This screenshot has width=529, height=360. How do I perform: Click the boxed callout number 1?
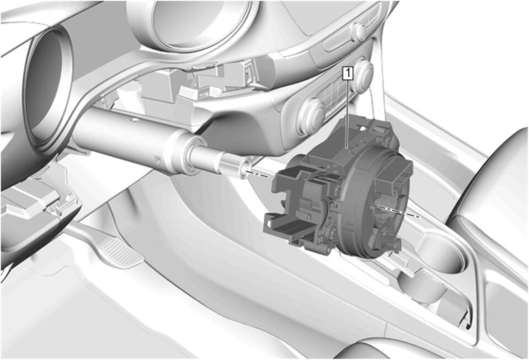click(x=348, y=73)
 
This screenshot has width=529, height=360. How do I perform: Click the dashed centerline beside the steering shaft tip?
click(x=258, y=173)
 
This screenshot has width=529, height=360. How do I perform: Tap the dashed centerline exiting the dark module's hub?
click(x=398, y=211)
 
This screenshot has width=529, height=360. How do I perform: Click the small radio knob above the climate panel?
click(x=359, y=31)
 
